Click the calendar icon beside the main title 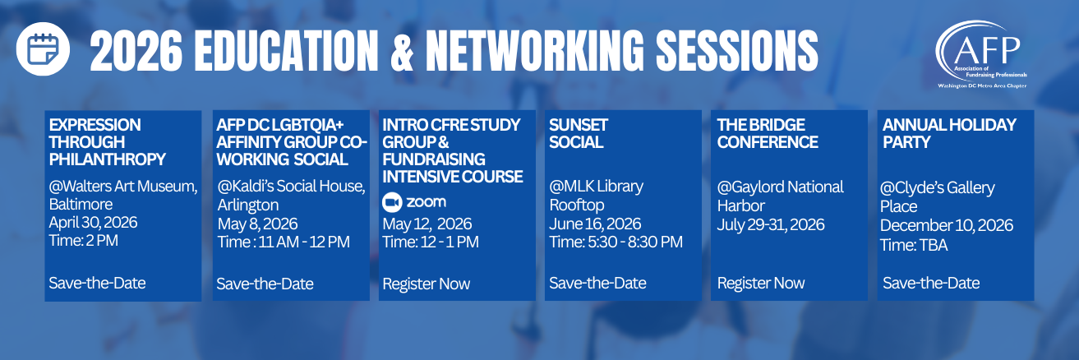43,48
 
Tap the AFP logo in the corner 981,54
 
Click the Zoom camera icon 392,202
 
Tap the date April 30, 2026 93,222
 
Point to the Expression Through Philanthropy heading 107,142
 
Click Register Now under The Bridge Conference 761,283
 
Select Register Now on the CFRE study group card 426,284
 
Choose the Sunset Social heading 578,133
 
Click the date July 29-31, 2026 771,224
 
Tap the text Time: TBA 914,245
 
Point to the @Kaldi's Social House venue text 291,195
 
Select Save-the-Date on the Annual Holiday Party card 931,283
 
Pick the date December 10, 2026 947,225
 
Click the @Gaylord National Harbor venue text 781,196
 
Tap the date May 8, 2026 257,224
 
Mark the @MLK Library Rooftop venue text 597,195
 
